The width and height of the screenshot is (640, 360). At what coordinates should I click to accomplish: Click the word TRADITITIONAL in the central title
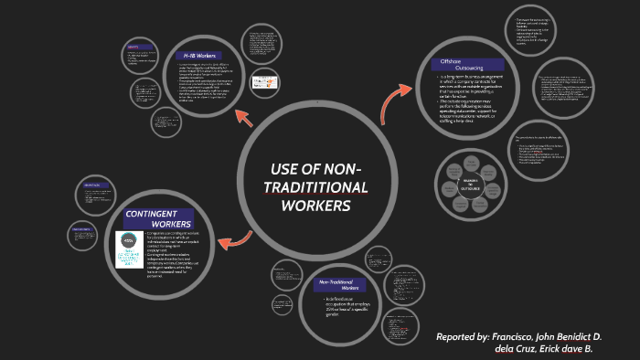tap(315, 188)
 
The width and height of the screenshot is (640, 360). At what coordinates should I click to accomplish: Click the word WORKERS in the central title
tap(315, 206)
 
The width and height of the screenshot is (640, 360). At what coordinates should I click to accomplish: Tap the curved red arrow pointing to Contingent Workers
tap(236, 240)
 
